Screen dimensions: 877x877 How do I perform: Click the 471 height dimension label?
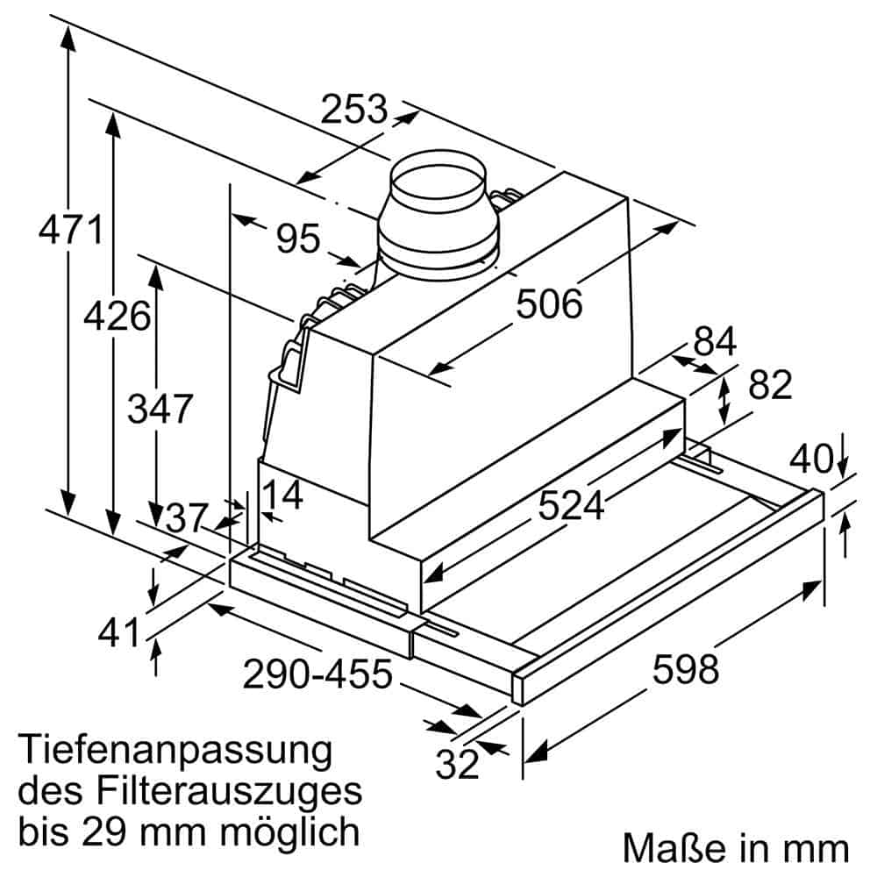point(71,231)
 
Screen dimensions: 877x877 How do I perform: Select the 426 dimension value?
point(117,315)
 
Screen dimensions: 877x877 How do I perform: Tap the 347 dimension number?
point(159,409)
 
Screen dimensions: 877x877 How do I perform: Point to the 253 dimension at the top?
point(353,110)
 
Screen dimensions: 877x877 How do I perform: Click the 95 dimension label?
point(298,239)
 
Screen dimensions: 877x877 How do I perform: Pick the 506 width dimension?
point(549,304)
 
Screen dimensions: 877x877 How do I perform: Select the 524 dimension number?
point(571,505)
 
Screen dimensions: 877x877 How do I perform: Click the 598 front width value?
point(685,670)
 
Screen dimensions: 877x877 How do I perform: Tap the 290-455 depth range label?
point(317,674)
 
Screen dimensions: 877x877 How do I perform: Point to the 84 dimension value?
point(714,342)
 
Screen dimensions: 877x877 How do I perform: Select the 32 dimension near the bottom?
point(459,765)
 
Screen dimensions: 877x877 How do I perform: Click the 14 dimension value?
point(282,496)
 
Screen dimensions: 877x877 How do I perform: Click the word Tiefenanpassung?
point(176,752)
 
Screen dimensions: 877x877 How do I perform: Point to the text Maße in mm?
point(736,848)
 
